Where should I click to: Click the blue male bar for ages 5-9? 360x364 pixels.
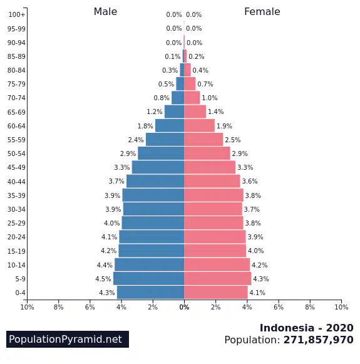tap(148, 278)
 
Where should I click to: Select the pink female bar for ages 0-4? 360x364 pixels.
tap(216, 293)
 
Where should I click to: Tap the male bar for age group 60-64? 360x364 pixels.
tap(170, 125)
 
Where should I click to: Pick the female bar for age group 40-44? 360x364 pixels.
tap(212, 181)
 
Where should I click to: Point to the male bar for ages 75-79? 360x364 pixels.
tap(180, 83)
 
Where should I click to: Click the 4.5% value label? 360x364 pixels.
tap(103, 279)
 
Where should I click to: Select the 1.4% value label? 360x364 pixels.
tap(216, 112)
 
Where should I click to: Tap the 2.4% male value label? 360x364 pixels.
tap(136, 140)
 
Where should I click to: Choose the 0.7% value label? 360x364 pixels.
tap(205, 84)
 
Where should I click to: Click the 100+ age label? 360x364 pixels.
tap(16, 14)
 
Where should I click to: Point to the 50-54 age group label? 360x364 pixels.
tap(16, 153)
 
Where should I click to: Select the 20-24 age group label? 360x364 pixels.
tap(16, 237)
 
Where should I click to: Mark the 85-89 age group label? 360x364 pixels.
tap(16, 56)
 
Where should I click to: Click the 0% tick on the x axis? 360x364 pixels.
tap(184, 307)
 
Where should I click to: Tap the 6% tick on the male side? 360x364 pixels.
tap(90, 307)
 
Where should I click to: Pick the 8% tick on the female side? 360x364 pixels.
tap(310, 307)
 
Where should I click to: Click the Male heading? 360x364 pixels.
tap(105, 12)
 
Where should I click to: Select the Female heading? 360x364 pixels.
tap(262, 12)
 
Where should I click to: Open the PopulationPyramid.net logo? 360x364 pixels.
tap(68, 339)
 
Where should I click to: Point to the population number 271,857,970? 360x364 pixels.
tap(318, 340)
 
